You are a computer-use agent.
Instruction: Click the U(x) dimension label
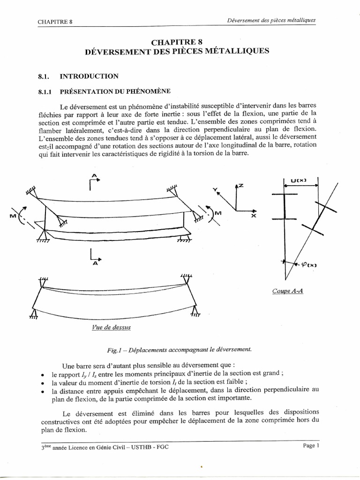point(299,181)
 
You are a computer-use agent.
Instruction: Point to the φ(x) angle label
point(309,265)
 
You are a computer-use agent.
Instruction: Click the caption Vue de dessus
point(111,327)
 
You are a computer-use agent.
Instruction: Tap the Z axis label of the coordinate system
point(241,186)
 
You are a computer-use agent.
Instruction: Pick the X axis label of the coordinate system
point(253,217)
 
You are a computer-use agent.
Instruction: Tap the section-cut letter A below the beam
point(95,263)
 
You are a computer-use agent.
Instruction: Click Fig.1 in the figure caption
point(113,349)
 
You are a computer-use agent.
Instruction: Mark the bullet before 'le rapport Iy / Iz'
point(43,375)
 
